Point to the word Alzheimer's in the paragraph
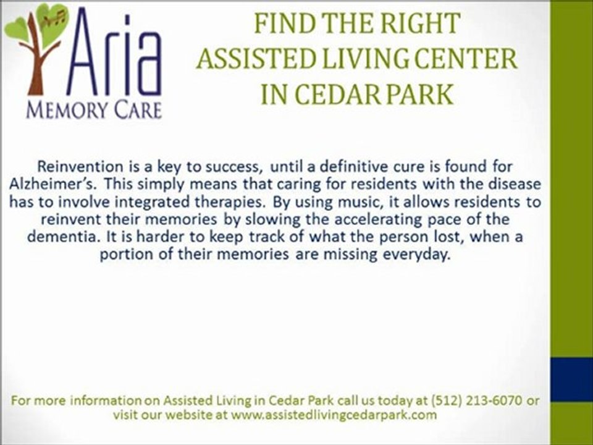tap(47, 185)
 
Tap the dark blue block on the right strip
tap(571, 380)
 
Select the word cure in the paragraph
tap(384, 166)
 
